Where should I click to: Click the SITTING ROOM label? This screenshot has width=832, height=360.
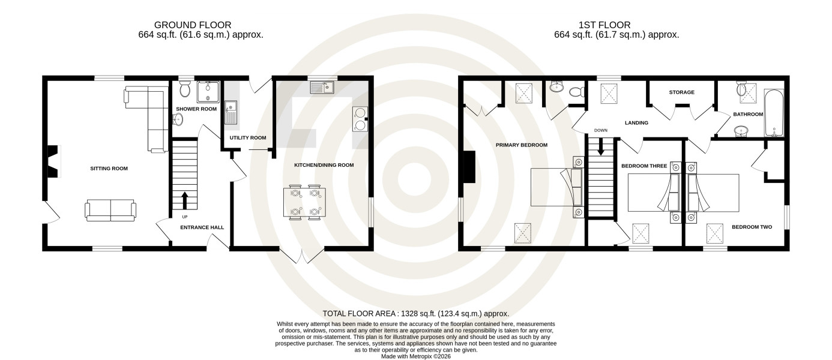point(109,169)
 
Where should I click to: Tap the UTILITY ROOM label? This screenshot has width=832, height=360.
point(248,137)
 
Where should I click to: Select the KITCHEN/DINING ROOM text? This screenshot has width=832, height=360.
point(324,165)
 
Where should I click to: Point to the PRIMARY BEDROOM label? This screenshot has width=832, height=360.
point(522,145)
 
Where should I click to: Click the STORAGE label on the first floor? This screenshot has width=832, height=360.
point(681,92)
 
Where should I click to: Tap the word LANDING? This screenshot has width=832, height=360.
point(636,123)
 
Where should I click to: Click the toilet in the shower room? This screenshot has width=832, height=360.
point(184,89)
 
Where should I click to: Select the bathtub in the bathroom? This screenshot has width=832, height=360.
point(774,113)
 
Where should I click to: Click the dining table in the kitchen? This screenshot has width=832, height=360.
point(304,202)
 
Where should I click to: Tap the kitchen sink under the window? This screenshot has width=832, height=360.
point(322,87)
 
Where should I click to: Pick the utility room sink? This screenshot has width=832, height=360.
point(231,112)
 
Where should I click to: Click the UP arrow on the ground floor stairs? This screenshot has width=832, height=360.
point(185,200)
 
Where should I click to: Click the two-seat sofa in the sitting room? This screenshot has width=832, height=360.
point(110,211)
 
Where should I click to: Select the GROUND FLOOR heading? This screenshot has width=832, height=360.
point(193,25)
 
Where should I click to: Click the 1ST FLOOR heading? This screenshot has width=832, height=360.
point(604,25)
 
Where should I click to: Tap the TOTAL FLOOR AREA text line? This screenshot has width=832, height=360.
point(415,314)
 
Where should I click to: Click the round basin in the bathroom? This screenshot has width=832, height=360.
point(741,131)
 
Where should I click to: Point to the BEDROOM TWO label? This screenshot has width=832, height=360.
point(752,227)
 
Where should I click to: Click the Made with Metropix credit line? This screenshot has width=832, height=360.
point(416,356)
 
